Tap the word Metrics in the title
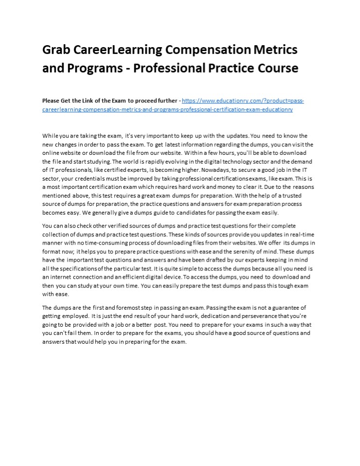275,50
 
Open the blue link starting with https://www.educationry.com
243,100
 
